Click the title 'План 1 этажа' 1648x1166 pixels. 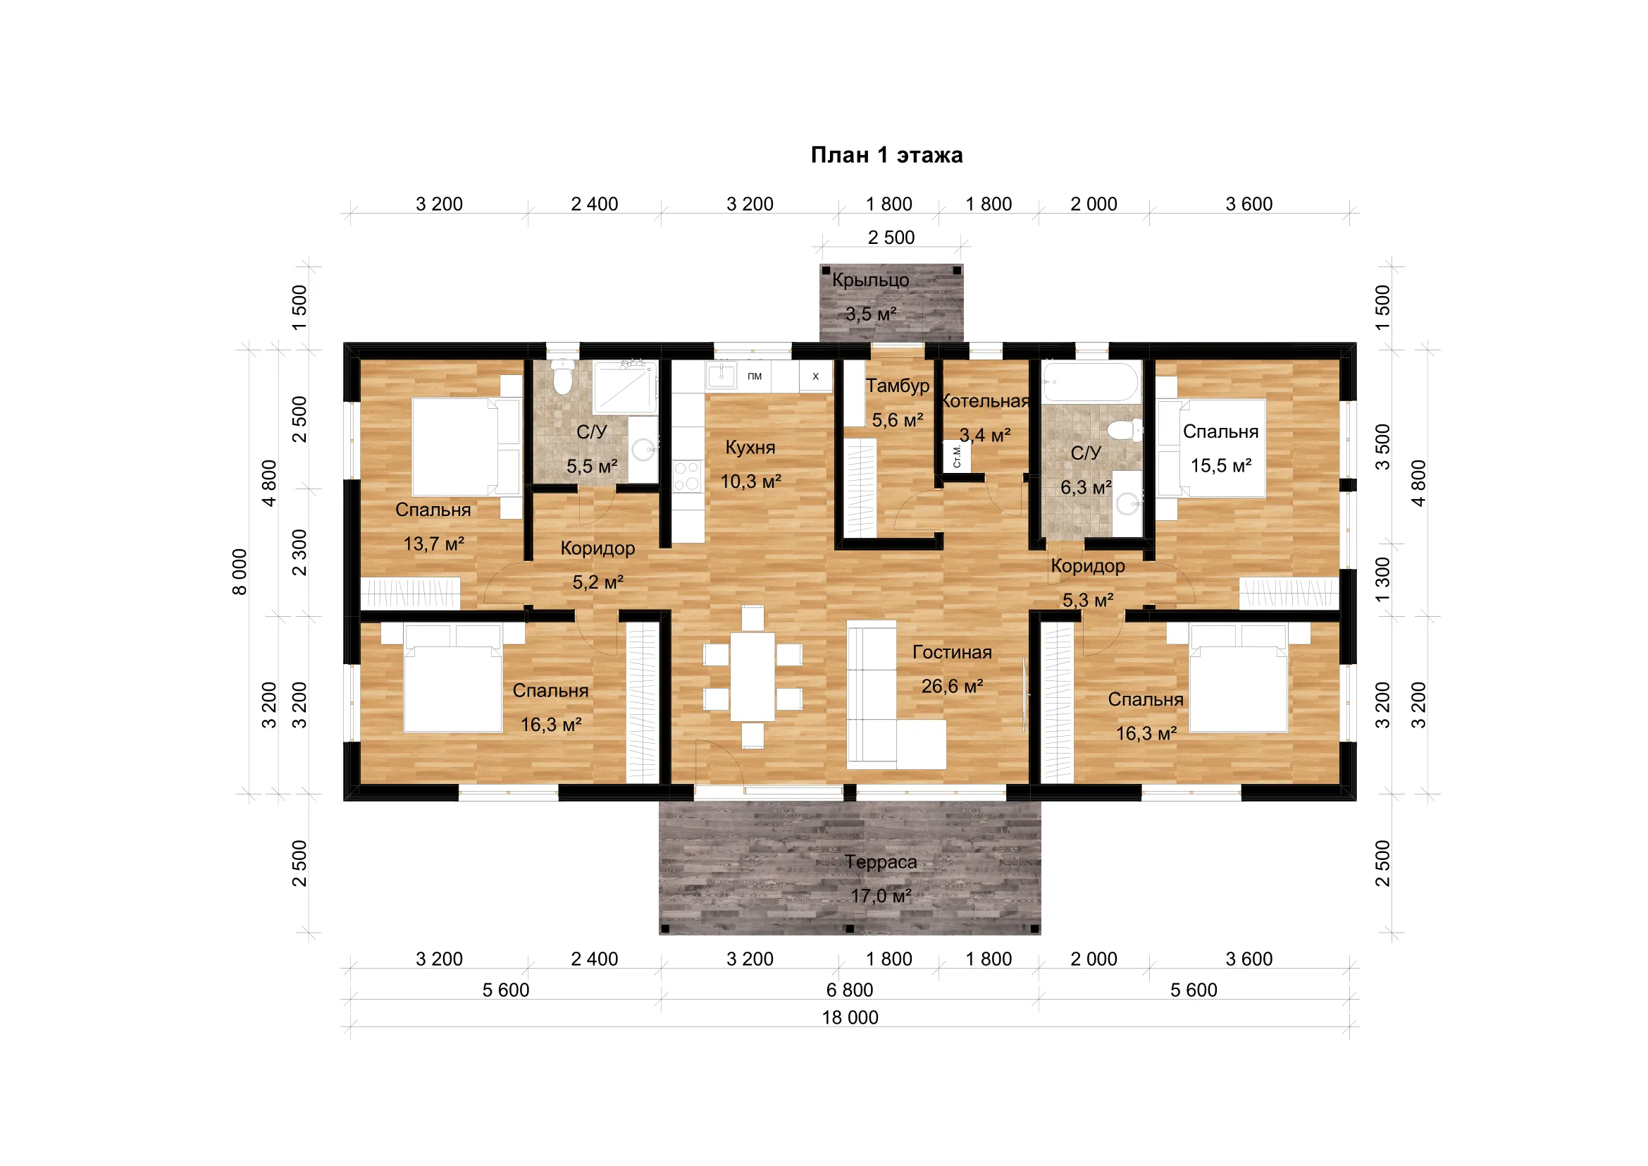click(x=886, y=155)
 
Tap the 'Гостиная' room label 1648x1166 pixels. click(x=952, y=653)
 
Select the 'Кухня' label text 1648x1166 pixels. click(x=750, y=448)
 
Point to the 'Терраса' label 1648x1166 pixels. click(x=881, y=862)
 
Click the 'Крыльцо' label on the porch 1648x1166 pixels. click(x=871, y=281)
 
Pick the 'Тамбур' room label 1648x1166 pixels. click(x=897, y=386)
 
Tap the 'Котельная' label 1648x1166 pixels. click(x=985, y=401)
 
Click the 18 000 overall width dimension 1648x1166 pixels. click(x=850, y=1017)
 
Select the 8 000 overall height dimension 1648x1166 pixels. click(x=240, y=572)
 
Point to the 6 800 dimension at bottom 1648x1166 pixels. click(x=850, y=990)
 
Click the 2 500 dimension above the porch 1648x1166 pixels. click(x=891, y=238)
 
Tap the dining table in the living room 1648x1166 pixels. click(x=752, y=676)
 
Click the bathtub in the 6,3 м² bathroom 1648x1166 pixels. click(x=1090, y=381)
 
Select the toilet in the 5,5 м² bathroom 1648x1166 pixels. click(x=564, y=378)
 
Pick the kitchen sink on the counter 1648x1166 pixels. click(x=721, y=375)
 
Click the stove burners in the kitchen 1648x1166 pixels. click(x=687, y=476)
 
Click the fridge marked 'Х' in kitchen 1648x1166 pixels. click(x=815, y=376)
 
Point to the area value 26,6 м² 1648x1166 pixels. click(x=952, y=687)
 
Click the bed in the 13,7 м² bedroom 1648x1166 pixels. click(x=466, y=446)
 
